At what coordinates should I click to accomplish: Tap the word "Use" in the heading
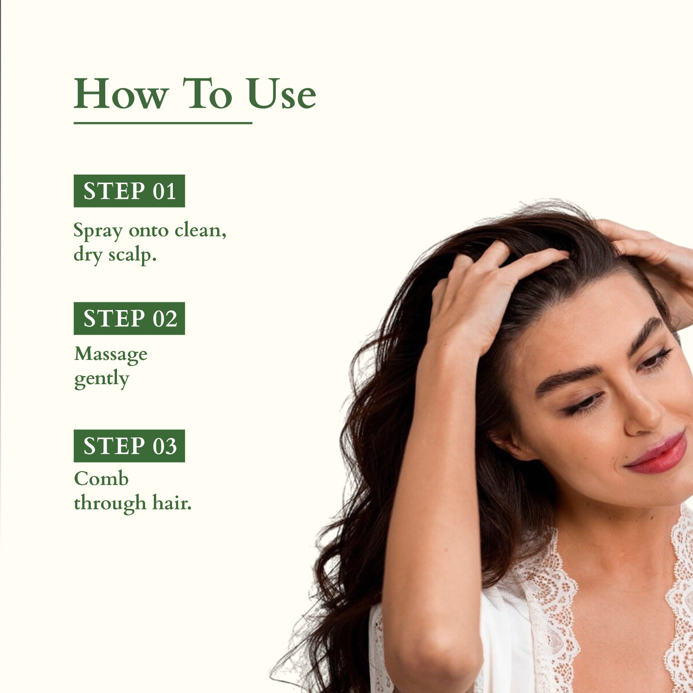[x=281, y=94]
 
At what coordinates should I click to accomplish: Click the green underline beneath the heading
[x=162, y=123]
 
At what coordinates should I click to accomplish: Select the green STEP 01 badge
[x=129, y=191]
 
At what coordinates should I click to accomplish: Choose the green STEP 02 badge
[x=129, y=318]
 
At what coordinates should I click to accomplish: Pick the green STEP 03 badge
[x=129, y=446]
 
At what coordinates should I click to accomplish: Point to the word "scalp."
[x=132, y=255]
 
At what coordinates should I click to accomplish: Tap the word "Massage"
[x=111, y=355]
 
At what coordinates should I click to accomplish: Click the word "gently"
[x=102, y=379]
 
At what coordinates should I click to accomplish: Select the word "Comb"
[x=101, y=479]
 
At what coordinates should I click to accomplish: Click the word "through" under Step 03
[x=110, y=503]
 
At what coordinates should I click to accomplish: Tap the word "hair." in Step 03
[x=172, y=503]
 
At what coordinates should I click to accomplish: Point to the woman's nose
[x=643, y=416]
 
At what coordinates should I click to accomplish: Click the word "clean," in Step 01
[x=200, y=230]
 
